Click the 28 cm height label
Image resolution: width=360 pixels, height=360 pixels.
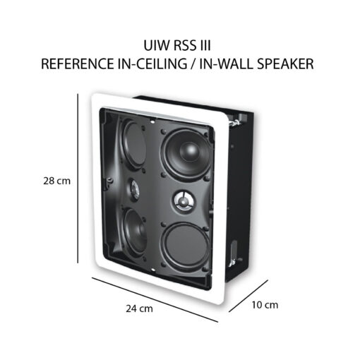57,181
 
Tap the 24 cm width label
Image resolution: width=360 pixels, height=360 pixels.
139,308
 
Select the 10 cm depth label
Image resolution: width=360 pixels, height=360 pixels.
265,305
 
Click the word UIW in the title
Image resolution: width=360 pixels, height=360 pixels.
155,45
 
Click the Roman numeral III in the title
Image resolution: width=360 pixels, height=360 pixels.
205,45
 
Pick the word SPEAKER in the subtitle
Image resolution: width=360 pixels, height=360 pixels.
285,64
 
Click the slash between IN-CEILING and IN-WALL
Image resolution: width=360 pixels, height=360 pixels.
193,64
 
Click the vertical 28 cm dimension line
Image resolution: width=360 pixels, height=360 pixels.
78,178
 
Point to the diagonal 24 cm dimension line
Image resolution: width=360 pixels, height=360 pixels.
155,300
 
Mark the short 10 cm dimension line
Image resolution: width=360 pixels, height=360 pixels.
248,296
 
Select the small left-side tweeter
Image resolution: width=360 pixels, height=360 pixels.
134,190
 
